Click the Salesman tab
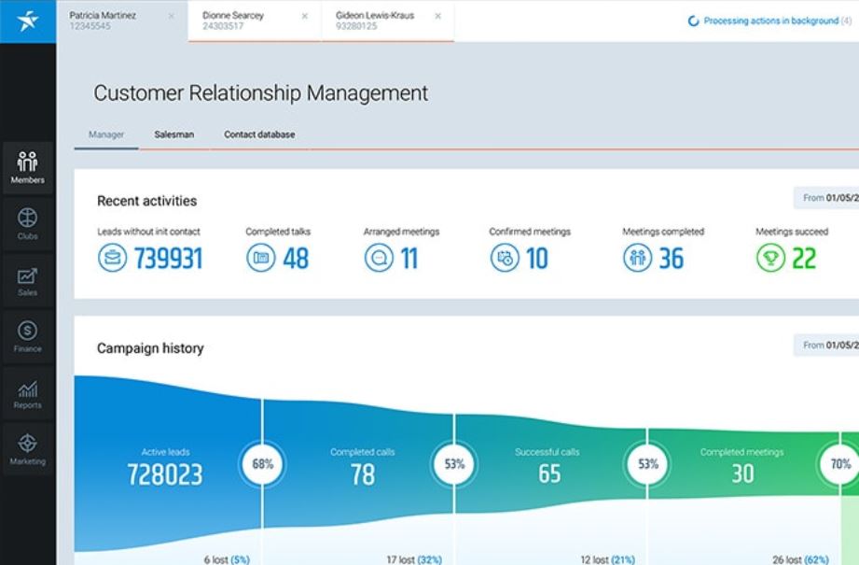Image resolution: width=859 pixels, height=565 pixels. tap(173, 134)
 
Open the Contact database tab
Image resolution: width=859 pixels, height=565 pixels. tap(259, 134)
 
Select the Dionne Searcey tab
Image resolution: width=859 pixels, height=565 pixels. tap(233, 16)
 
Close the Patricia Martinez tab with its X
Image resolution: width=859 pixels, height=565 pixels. tap(171, 16)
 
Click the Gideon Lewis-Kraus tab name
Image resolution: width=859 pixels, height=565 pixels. tap(375, 16)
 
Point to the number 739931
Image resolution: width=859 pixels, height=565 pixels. tap(168, 259)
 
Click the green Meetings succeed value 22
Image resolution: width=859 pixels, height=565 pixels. tap(803, 259)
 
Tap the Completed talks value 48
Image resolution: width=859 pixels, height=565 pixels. tap(296, 259)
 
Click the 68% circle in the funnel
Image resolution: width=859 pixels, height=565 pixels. tap(262, 463)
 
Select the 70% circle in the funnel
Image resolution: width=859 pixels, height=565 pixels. tap(840, 463)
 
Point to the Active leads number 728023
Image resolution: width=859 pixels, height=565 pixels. tap(165, 474)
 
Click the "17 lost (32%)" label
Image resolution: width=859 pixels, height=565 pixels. tap(414, 559)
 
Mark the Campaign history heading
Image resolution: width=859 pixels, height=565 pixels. tap(150, 348)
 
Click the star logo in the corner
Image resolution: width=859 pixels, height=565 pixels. tap(28, 21)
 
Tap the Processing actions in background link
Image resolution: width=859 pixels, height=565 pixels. tap(770, 21)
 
